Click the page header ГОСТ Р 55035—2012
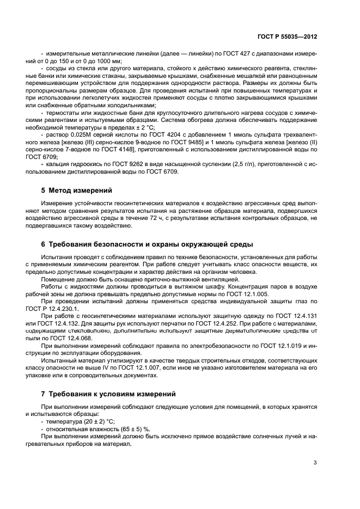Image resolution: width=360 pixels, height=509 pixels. (288, 36)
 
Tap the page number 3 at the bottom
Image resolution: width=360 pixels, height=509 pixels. (315, 463)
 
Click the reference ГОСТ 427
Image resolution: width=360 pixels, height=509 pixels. (223, 54)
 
